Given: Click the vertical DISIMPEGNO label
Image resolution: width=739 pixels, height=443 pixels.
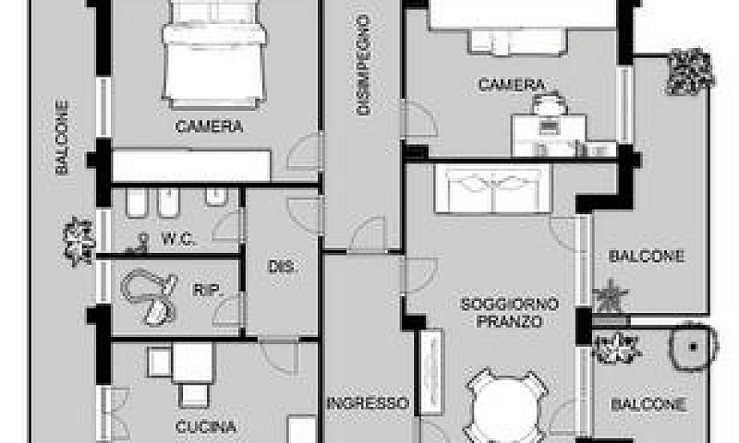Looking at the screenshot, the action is click(x=363, y=65).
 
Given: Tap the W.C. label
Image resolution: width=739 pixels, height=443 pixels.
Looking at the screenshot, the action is click(x=178, y=240).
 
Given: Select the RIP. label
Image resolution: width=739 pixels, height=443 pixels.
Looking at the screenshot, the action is click(x=207, y=290).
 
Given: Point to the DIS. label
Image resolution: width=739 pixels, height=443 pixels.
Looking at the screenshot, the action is click(x=282, y=267).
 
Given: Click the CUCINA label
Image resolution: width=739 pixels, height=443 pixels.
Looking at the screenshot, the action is click(x=206, y=427).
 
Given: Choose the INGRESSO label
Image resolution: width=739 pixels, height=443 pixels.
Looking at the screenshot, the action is click(x=368, y=403).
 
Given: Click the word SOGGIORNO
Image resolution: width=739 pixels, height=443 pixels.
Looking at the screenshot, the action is click(x=510, y=305).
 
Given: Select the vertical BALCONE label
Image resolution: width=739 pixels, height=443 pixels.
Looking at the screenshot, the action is click(x=62, y=137).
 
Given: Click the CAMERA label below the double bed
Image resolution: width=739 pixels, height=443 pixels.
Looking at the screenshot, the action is click(x=210, y=126).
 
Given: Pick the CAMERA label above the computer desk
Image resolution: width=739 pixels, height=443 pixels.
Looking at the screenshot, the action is click(x=512, y=85).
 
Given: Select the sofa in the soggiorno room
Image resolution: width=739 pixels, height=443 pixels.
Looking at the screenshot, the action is click(x=493, y=188).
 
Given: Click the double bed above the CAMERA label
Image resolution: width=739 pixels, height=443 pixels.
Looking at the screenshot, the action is click(x=215, y=54).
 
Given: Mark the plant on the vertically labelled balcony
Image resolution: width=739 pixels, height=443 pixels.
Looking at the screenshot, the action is click(x=79, y=242).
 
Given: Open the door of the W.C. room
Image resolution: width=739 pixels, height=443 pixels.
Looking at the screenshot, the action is click(x=228, y=225).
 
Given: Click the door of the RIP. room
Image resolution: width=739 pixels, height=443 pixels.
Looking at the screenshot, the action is click(x=228, y=309).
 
